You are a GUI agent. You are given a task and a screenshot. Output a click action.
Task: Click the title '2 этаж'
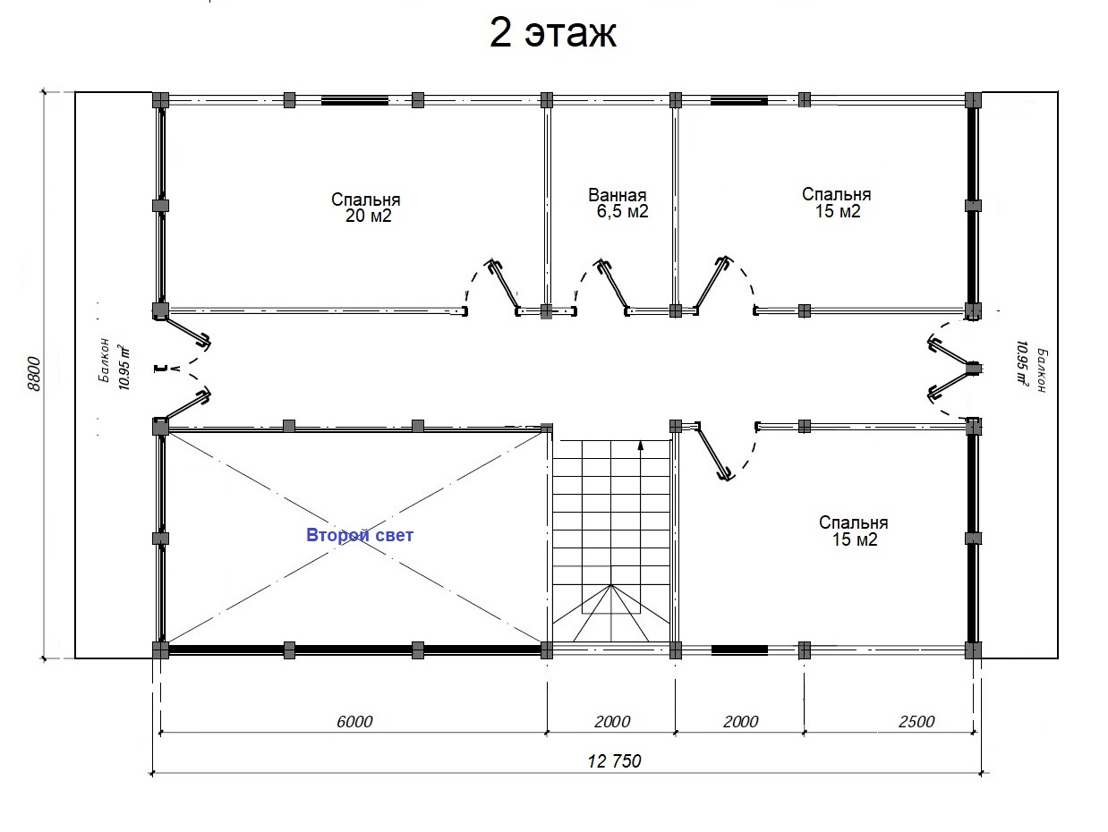pos(553,33)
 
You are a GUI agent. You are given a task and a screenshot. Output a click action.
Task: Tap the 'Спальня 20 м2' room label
pos(366,208)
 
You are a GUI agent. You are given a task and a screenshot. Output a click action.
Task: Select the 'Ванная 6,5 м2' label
pos(618,203)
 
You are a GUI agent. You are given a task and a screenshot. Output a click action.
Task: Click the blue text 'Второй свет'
pos(360,535)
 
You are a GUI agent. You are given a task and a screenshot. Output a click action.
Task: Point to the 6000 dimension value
pos(354,721)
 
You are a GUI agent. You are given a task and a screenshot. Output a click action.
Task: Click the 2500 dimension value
pos(916,721)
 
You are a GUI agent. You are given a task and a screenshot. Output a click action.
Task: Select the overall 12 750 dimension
pos(614,760)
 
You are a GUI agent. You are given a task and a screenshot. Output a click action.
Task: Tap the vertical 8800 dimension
pos(34,374)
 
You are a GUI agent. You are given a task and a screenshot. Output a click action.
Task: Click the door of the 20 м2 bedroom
pos(504,284)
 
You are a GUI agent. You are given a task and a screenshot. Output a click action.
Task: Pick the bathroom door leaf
pos(613,286)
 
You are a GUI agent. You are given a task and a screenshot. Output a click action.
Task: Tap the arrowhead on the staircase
pos(641,446)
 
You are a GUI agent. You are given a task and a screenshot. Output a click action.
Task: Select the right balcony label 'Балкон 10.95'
pos(1031,369)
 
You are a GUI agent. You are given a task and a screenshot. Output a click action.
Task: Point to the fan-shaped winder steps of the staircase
pos(610,613)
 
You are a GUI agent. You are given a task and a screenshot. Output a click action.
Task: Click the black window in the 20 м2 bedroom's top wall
pos(354,101)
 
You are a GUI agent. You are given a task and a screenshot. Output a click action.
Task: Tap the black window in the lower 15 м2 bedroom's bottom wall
pos(739,649)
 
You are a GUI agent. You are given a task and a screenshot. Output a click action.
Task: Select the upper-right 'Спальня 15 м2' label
pos(837,202)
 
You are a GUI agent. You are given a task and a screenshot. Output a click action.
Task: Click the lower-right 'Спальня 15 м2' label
pos(854,531)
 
